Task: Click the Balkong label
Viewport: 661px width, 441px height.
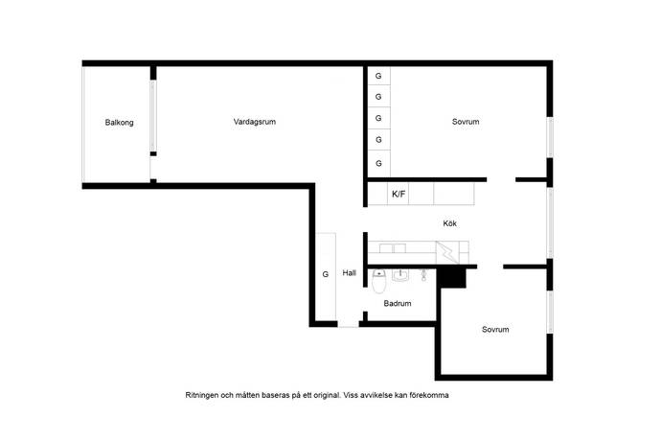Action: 120,123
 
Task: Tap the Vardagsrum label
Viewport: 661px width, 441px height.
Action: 255,122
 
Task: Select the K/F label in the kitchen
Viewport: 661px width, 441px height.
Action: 399,194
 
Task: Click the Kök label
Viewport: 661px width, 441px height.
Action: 450,223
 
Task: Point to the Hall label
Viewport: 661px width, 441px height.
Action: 350,273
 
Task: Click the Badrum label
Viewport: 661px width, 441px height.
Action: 398,303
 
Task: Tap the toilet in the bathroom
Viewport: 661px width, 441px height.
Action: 379,282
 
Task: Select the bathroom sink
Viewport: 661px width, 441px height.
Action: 400,275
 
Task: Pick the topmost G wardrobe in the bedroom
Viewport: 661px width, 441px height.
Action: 378,76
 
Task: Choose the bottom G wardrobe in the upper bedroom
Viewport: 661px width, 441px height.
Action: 378,163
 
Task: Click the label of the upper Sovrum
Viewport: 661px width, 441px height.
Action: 466,122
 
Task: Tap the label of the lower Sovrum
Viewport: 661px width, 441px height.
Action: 495,329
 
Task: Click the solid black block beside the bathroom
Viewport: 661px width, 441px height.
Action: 451,279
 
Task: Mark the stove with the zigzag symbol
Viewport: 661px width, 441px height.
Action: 447,252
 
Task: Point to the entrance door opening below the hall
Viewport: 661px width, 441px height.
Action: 348,324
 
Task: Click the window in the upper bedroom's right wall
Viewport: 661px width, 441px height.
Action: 550,138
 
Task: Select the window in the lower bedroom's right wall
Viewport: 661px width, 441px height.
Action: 550,313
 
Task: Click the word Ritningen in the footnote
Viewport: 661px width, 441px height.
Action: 202,395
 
